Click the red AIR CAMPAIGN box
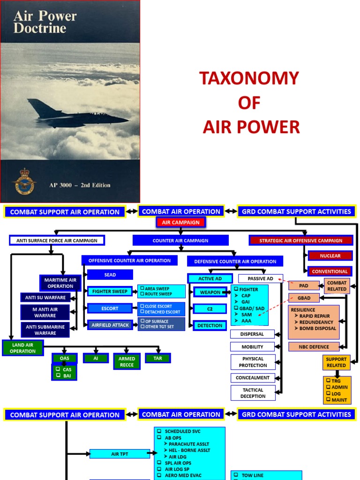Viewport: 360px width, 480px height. tap(180, 223)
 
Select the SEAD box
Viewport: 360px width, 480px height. tap(110, 275)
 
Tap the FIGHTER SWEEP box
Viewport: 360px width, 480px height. tap(110, 291)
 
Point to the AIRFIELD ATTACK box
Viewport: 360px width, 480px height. tap(110, 325)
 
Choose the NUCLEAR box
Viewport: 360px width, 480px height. tap(330, 256)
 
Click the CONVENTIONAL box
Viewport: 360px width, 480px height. tap(330, 271)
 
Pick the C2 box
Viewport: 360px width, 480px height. tap(210, 308)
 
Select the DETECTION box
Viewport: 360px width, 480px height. tap(210, 325)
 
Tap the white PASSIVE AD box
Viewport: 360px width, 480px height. tap(260, 279)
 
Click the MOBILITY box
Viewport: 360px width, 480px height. tap(252, 347)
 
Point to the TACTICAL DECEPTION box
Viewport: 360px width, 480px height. tap(253, 393)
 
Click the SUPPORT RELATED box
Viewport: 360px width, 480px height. tap(336, 362)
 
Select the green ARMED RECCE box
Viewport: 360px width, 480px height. tap(127, 361)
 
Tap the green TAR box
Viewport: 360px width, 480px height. tap(157, 358)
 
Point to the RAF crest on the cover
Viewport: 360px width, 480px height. tap(24, 182)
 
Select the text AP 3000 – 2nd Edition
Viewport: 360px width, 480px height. tap(80, 185)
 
